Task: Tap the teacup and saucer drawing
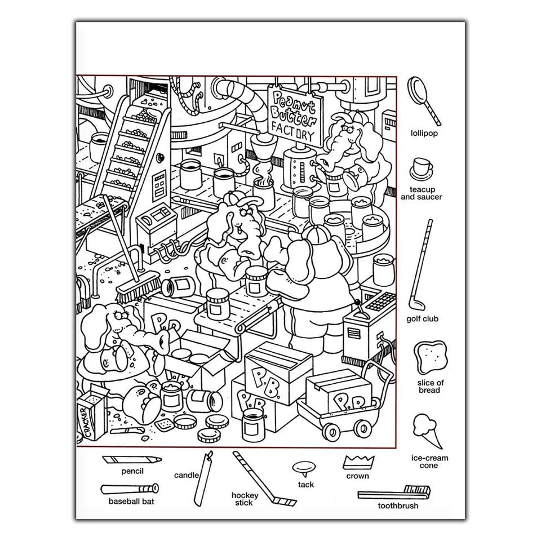tap(421, 170)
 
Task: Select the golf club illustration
tap(421, 265)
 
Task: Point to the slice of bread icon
tap(430, 357)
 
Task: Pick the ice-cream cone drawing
tap(427, 431)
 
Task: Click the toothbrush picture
tap(394, 493)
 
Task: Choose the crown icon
tap(358, 462)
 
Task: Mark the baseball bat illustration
tap(130, 489)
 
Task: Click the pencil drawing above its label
tap(132, 460)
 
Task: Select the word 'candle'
tap(187, 475)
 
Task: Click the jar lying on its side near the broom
tap(179, 286)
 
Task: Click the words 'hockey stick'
tap(245, 499)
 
